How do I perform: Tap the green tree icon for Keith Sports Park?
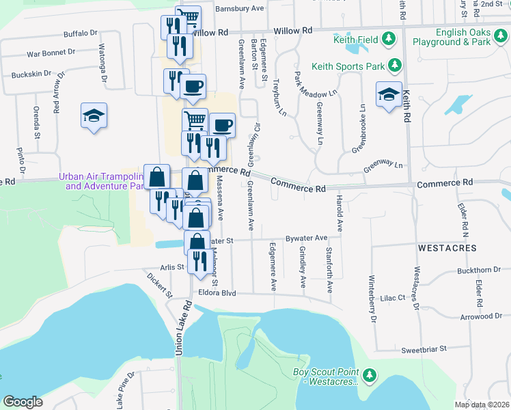point(395,66)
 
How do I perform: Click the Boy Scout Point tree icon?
point(370,374)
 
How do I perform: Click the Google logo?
point(23,402)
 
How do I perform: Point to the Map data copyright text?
point(482,405)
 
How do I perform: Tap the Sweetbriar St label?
point(424,348)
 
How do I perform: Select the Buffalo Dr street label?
point(81,33)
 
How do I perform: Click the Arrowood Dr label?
point(481,316)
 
